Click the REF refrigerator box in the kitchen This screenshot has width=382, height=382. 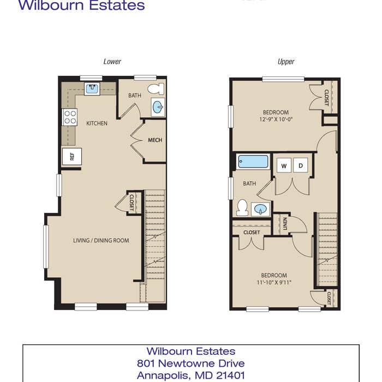71,157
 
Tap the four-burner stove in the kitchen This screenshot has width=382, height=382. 70,117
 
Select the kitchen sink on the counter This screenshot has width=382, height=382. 92,88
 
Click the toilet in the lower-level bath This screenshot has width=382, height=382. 156,88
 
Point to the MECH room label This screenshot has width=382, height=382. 155,140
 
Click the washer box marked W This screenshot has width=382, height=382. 284,166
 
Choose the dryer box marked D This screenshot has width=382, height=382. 300,165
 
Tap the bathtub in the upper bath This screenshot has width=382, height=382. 253,162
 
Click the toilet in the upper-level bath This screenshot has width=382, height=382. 242,207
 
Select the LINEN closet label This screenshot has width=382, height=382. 285,224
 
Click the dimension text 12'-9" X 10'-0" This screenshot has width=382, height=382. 276,120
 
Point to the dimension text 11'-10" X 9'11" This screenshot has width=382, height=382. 274,282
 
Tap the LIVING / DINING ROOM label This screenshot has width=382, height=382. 101,241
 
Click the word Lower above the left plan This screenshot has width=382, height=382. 112,61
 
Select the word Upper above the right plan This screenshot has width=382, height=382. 286,62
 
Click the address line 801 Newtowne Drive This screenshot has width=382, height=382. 191,363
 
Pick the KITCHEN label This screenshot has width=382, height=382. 97,123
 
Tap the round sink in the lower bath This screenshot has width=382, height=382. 158,107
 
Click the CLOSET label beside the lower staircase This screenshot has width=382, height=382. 132,202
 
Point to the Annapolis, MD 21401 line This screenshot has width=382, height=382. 191,375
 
